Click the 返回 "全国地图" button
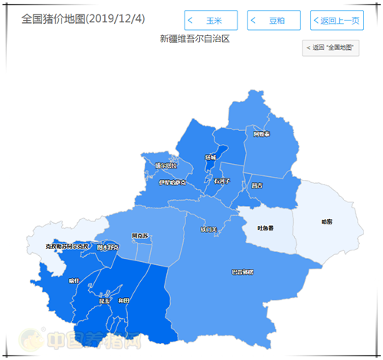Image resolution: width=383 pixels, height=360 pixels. pyautogui.click(x=332, y=48)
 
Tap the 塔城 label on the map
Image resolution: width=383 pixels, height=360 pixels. pyautogui.click(x=211, y=158)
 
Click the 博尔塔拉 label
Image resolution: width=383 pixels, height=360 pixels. pyautogui.click(x=165, y=165)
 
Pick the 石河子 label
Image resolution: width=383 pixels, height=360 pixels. pyautogui.click(x=222, y=181)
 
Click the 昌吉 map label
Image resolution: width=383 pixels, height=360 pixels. pyautogui.click(x=257, y=186)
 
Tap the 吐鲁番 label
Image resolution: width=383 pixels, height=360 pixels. pyautogui.click(x=265, y=227)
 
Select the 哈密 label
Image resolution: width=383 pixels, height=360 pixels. pyautogui.click(x=327, y=222)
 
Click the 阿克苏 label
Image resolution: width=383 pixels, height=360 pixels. pyautogui.click(x=140, y=235)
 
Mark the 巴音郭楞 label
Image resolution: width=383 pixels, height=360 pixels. pyautogui.click(x=242, y=272)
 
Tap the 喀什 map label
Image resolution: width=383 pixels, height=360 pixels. pyautogui.click(x=74, y=281)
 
